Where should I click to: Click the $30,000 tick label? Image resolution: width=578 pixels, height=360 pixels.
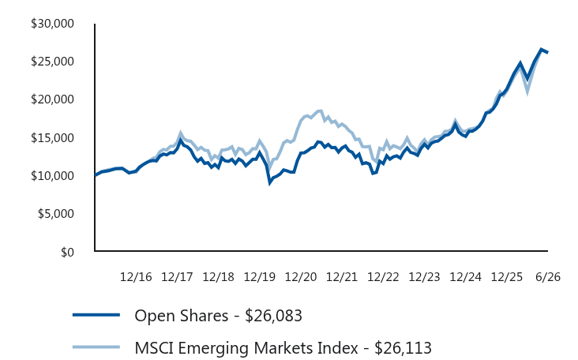pos(52,24)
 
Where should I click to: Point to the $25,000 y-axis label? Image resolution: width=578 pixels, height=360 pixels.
pos(52,62)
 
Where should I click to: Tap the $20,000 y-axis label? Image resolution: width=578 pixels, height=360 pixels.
pos(52,99)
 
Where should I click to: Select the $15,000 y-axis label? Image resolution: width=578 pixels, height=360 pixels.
pos(52,138)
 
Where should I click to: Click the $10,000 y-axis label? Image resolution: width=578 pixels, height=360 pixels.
pos(52,176)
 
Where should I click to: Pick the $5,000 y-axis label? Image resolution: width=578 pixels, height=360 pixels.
pos(55,214)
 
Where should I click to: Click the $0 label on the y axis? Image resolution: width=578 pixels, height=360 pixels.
pos(67,252)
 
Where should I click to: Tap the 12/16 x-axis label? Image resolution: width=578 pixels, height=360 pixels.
pos(136,277)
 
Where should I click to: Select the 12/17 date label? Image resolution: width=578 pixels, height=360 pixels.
pos(177,277)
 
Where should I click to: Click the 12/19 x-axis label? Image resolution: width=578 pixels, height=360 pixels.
pos(260,277)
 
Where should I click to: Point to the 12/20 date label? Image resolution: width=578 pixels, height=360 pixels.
pos(301,277)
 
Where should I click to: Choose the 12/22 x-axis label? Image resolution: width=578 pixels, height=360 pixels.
pos(383,277)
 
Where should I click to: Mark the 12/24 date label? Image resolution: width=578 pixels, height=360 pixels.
pos(466,277)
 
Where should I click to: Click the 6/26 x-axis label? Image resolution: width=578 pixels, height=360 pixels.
pos(548,277)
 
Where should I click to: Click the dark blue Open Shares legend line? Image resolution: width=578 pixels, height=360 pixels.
pos(96,315)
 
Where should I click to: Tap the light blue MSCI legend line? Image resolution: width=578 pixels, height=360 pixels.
pos(96,347)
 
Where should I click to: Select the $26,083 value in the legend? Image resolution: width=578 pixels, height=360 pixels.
pos(273,316)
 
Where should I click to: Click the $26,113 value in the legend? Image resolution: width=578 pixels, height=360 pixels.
pos(403,348)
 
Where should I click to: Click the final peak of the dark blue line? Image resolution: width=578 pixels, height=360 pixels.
pos(541,49)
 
